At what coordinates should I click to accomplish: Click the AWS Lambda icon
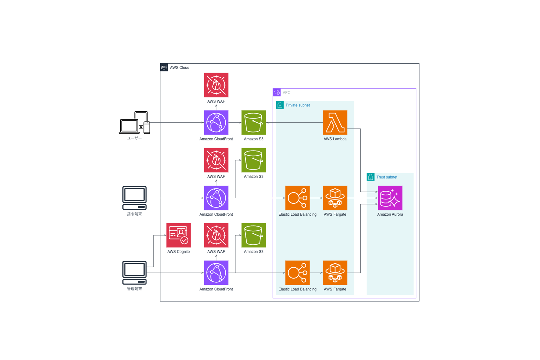(335, 122)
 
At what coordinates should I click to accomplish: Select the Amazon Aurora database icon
(390, 198)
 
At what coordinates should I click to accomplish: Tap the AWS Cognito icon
(178, 235)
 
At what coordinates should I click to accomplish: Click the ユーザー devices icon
(135, 123)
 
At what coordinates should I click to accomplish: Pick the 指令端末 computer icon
(134, 198)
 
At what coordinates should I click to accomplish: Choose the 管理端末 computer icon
(134, 272)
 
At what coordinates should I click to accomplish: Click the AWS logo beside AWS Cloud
(164, 67)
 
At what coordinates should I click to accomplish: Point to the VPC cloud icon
(277, 92)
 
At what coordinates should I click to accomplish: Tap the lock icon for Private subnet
(280, 105)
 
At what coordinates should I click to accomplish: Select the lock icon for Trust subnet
(370, 177)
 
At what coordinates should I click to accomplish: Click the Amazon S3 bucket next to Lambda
(253, 122)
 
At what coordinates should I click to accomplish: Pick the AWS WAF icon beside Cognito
(216, 235)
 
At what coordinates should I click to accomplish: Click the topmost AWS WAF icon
(216, 85)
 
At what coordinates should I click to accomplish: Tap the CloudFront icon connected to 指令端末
(216, 198)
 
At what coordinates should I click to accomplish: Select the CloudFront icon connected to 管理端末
(216, 272)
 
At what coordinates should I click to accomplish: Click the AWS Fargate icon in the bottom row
(335, 272)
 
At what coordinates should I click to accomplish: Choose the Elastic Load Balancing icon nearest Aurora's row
(297, 198)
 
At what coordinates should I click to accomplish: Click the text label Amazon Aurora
(390, 214)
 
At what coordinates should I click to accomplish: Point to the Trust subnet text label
(387, 177)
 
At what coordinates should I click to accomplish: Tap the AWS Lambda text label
(335, 139)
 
